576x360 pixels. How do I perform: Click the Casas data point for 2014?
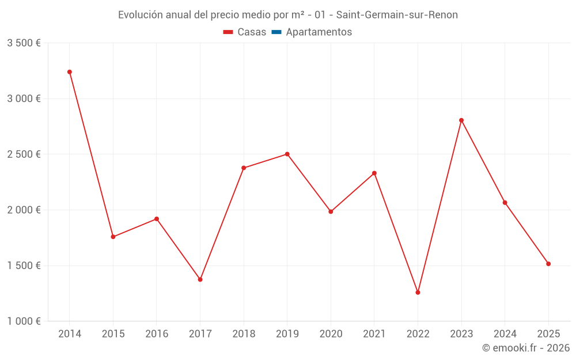70,72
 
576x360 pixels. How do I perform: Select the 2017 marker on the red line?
200,279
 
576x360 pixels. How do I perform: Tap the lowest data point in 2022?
418,293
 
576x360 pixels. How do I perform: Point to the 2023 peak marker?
461,120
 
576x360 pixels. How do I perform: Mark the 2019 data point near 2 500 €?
287,154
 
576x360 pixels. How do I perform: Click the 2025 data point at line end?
548,264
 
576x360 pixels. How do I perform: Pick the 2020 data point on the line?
331,211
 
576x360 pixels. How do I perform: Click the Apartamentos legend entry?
319,32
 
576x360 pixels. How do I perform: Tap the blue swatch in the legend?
276,32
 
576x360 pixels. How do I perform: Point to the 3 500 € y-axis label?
24,43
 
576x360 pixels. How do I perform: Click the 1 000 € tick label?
24,321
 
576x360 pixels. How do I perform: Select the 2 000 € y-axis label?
24,210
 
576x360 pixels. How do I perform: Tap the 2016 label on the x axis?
157,334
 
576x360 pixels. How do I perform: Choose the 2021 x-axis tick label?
374,334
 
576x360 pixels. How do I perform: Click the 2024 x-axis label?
505,334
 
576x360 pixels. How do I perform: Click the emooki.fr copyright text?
525,348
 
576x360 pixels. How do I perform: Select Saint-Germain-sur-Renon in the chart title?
397,15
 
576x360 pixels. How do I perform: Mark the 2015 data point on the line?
113,237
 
